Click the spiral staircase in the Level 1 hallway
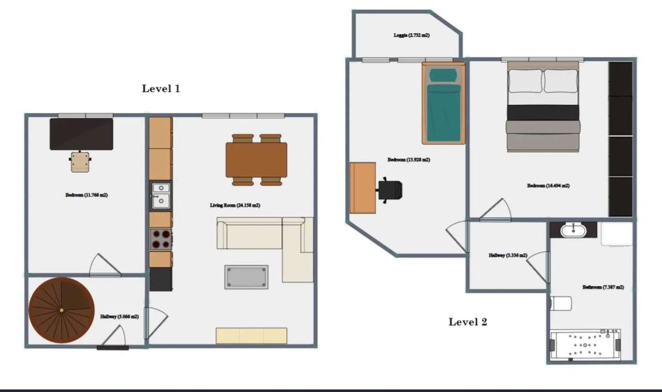pos(62,310)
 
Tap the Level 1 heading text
pos(161,88)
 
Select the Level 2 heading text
pos(468,322)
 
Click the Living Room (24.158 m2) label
pos(235,205)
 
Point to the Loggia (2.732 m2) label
pos(412,36)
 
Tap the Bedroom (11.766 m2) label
pos(86,195)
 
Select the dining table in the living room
pos(256,160)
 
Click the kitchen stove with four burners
pos(161,239)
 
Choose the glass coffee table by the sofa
pos(246,277)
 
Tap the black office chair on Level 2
pos(390,189)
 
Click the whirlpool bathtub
pos(585,345)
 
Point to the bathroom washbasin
pos(573,230)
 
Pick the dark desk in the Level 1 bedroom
pos(81,134)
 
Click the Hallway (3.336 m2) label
pos(508,255)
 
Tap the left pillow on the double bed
pos(525,81)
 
